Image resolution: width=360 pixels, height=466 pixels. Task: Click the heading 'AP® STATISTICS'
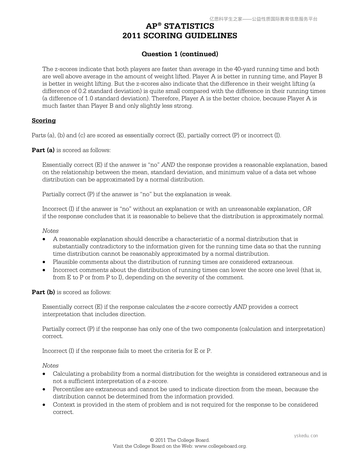click(x=180, y=26)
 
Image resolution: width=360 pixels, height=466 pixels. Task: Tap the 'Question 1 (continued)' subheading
click(x=180, y=54)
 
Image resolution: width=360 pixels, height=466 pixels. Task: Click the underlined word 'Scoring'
click(x=44, y=121)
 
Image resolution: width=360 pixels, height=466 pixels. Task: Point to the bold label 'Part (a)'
click(x=43, y=150)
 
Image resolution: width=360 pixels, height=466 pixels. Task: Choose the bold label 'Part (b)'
click(x=43, y=292)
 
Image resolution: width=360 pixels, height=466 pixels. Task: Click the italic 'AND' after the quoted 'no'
click(x=168, y=165)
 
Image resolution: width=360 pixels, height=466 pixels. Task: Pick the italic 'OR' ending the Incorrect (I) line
click(x=307, y=209)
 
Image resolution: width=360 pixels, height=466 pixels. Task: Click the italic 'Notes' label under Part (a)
click(x=50, y=231)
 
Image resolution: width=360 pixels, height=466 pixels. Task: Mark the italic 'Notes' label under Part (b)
click(x=50, y=366)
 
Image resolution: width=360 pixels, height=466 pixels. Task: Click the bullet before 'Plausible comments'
click(x=44, y=262)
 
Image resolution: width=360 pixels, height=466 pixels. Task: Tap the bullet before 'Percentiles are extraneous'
click(x=44, y=390)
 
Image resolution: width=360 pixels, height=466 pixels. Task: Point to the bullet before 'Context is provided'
click(x=44, y=405)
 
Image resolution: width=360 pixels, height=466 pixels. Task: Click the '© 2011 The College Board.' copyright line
click(x=180, y=440)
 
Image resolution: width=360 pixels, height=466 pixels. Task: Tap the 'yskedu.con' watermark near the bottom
click(x=306, y=436)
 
